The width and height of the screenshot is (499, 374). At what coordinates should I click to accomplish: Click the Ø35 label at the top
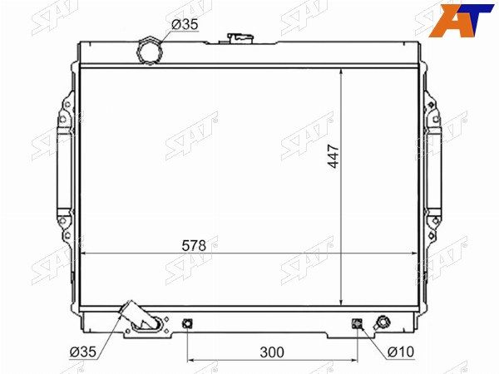coord(185,24)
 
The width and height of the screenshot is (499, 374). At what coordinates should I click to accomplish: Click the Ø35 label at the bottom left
coord(82,352)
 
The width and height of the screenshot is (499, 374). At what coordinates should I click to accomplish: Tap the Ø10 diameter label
coord(401,352)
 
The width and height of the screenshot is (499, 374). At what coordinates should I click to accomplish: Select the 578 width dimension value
coord(194,245)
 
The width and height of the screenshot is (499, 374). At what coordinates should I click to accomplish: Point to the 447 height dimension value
coord(333,156)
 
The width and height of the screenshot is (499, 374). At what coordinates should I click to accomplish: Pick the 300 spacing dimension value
coord(272,352)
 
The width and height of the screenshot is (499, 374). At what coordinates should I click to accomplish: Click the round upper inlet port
coord(150,52)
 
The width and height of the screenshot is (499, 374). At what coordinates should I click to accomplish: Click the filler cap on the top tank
coord(240,38)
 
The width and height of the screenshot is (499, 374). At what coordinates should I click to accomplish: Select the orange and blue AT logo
coord(462,20)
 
